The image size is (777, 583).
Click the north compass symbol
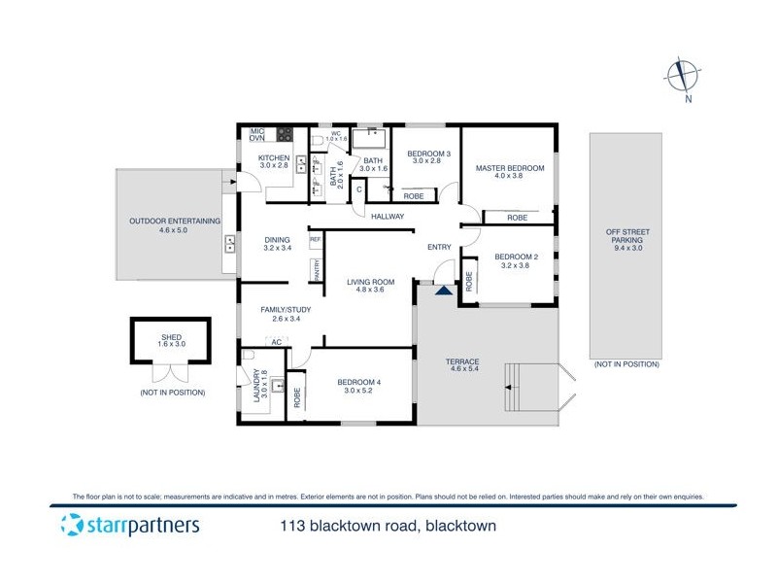tap(686, 76)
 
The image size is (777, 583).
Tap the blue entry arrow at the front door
tap(444, 288)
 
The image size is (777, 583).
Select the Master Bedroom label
tap(510, 173)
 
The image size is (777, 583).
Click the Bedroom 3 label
tap(428, 157)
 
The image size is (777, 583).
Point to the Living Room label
tap(371, 287)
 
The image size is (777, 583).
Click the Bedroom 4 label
tap(358, 387)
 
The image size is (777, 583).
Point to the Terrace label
tap(464, 365)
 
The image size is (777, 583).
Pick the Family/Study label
tap(281, 314)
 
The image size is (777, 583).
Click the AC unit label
tap(276, 342)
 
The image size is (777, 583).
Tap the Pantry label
tap(316, 269)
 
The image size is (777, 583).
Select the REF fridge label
tap(315, 239)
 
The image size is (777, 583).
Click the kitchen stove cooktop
tap(286, 134)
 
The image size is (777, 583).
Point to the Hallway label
tap(386, 216)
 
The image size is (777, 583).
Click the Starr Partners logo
tap(129, 526)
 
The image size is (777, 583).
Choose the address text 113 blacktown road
tap(383, 527)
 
